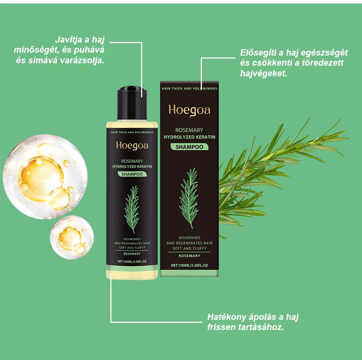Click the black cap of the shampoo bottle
click(x=132, y=103)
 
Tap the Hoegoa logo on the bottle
click(x=132, y=146)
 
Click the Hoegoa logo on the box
click(x=189, y=110)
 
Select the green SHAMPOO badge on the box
click(x=189, y=147)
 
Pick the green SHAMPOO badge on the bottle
click(x=132, y=174)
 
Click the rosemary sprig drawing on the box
click(x=189, y=198)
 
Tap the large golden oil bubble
click(x=45, y=177)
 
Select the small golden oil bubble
click(x=72, y=237)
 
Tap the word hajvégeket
click(x=264, y=73)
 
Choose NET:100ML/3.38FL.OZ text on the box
click(x=189, y=265)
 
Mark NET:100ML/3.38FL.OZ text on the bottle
click(x=132, y=261)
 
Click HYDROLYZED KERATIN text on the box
click(x=189, y=137)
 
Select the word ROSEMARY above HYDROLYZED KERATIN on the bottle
click(x=132, y=161)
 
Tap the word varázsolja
click(x=82, y=60)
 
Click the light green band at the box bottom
click(x=189, y=274)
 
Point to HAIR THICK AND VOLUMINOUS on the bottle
click(x=132, y=132)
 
